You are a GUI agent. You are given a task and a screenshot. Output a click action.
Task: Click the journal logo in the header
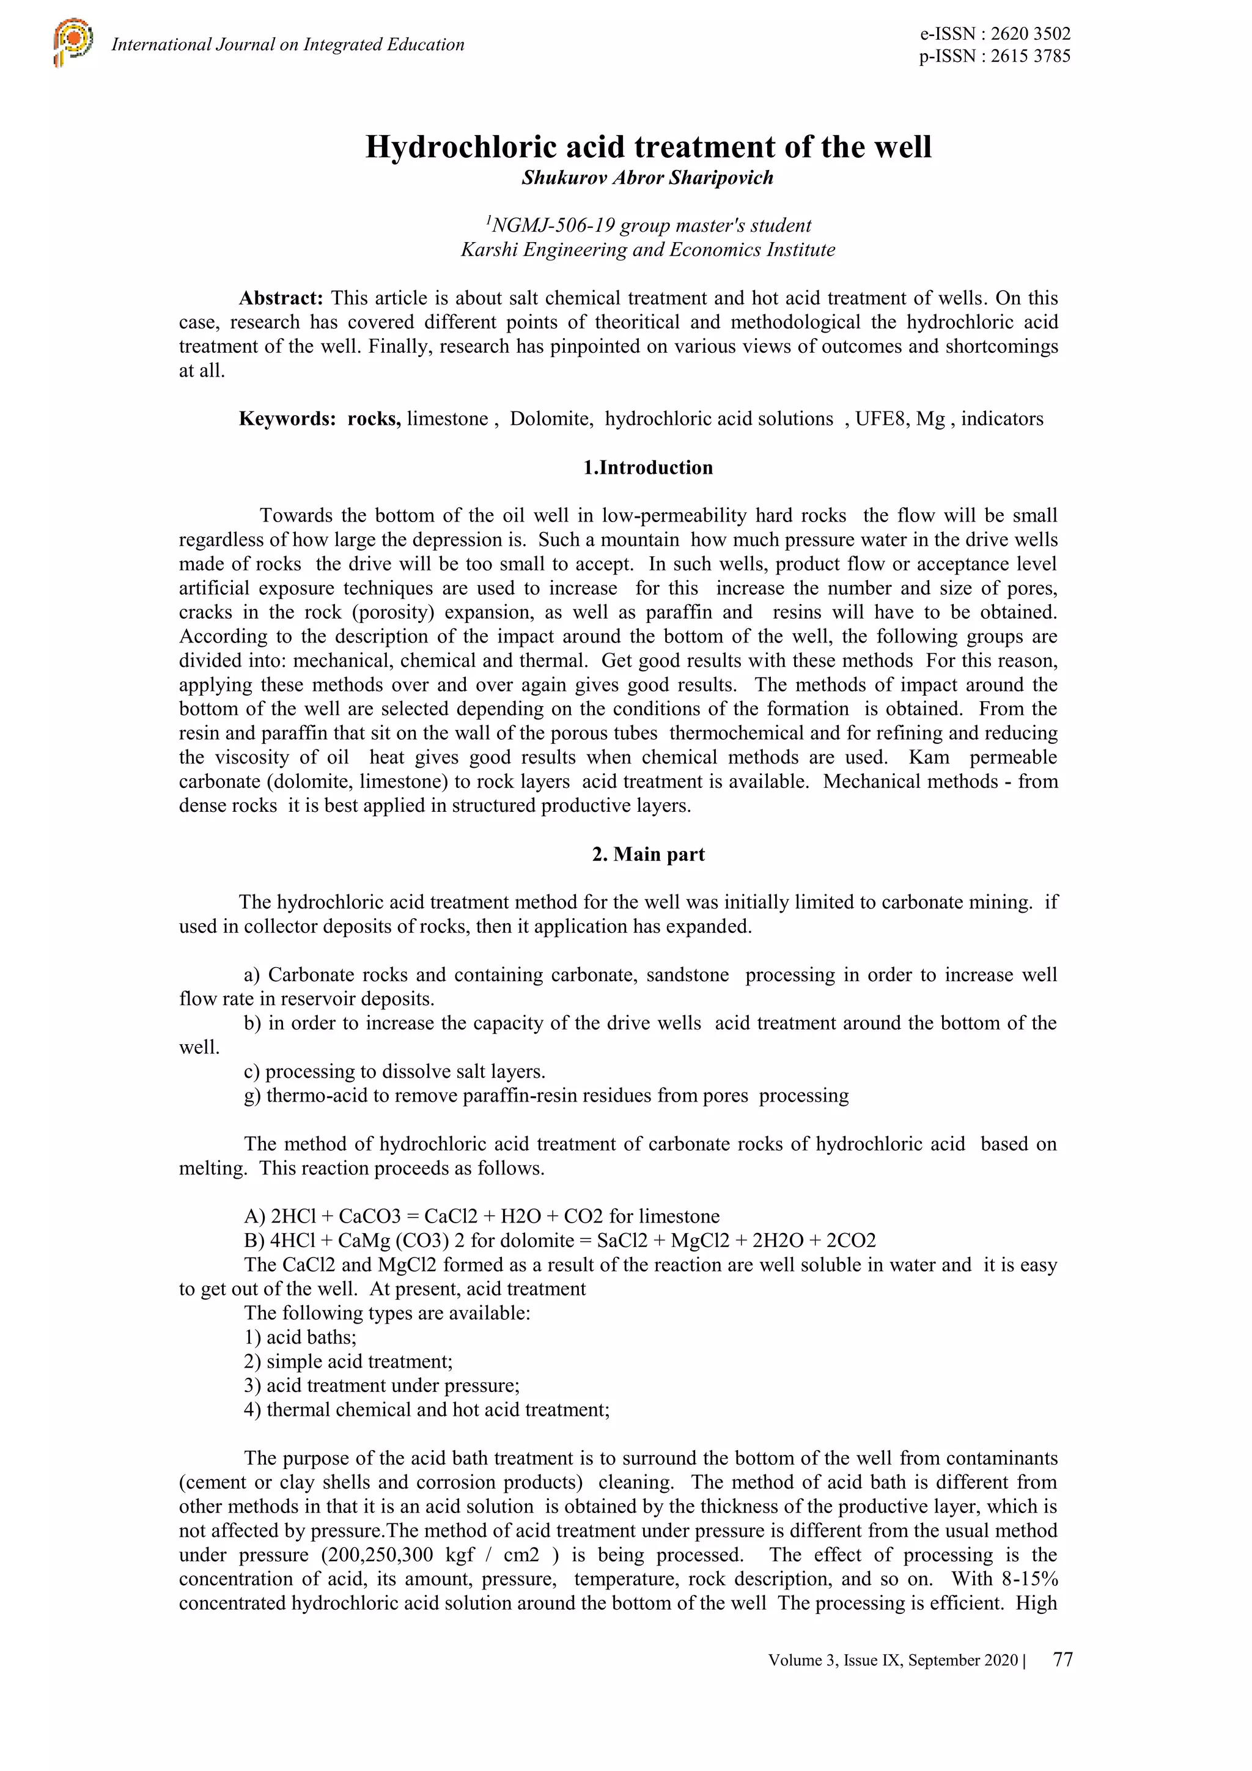click(x=73, y=42)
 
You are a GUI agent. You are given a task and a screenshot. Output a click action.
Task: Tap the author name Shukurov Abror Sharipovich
click(x=647, y=177)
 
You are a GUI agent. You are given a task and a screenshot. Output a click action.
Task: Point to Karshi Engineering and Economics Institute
click(x=647, y=250)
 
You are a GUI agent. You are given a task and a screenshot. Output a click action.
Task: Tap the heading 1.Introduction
click(x=647, y=468)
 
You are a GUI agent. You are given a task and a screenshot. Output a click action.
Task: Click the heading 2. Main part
click(x=648, y=854)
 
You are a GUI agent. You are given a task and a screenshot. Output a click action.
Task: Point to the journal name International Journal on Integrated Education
click(x=288, y=45)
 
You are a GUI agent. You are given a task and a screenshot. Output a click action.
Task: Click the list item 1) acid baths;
click(x=300, y=1337)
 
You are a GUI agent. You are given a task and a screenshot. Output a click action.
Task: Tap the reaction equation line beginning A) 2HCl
click(x=481, y=1217)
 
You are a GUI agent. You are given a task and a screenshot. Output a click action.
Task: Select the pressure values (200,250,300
click(x=372, y=1554)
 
